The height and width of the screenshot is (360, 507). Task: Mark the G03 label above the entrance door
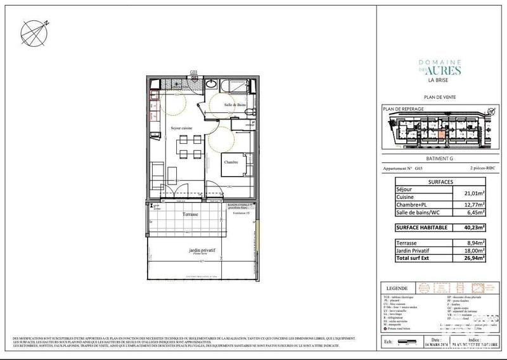pyautogui.click(x=193, y=73)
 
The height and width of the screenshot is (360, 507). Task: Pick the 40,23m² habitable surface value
pyautogui.click(x=473, y=227)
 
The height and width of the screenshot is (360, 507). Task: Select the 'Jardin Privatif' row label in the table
pyautogui.click(x=413, y=250)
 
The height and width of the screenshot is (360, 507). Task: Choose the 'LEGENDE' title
pyautogui.click(x=406, y=287)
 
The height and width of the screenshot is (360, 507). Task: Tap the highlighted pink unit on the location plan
pyautogui.click(x=440, y=134)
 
